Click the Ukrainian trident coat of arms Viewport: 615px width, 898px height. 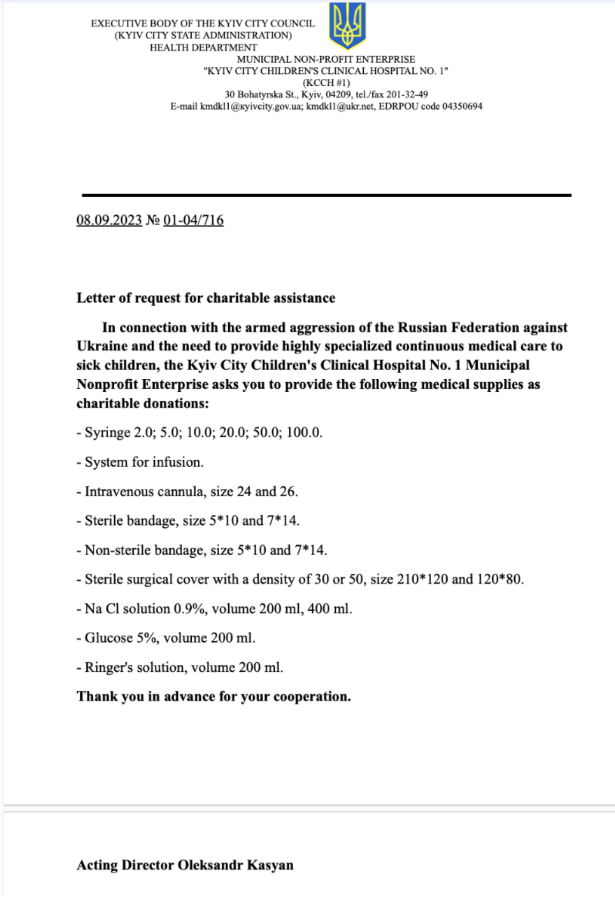[347, 26]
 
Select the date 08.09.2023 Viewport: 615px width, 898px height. [109, 220]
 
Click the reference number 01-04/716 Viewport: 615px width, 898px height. [193, 220]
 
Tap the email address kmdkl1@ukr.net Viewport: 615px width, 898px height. [340, 106]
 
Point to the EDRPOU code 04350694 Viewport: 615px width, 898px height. [462, 106]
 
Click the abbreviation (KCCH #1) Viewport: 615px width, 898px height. [326, 83]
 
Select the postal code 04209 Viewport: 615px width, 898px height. [338, 94]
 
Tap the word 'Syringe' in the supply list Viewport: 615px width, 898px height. [107, 432]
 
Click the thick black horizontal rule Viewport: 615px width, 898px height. [326, 195]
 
